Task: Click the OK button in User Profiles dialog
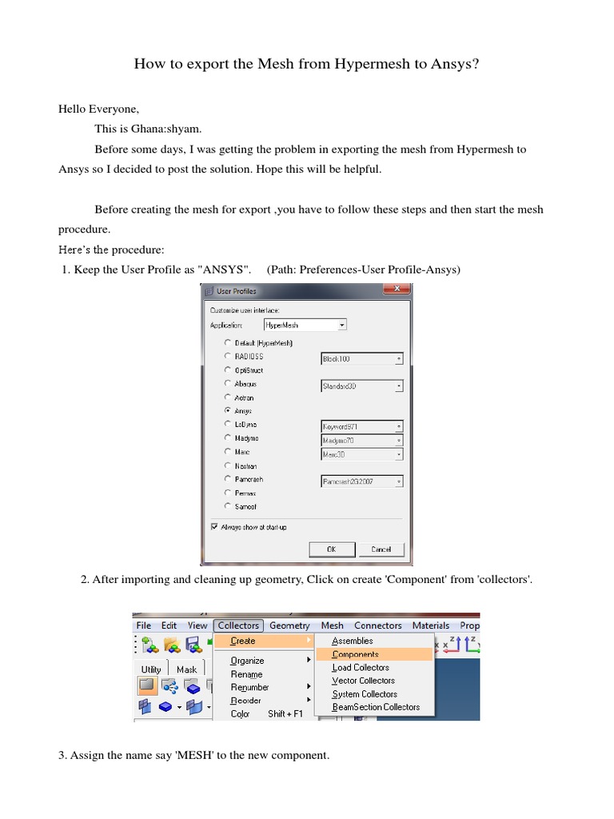331,549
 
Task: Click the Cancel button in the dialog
381,549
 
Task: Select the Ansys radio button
228,410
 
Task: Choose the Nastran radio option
228,465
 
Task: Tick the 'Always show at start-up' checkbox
213,527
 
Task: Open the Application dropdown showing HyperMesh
305,326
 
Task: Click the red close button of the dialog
394,291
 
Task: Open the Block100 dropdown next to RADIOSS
361,359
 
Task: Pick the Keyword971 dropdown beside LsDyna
361,426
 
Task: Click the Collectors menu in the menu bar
238,625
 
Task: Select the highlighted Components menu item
355,654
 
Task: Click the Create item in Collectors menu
243,641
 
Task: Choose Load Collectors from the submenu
361,667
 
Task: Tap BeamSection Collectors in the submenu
376,707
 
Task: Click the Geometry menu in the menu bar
289,625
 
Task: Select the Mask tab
186,669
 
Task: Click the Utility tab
151,669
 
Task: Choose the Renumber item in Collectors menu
249,687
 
